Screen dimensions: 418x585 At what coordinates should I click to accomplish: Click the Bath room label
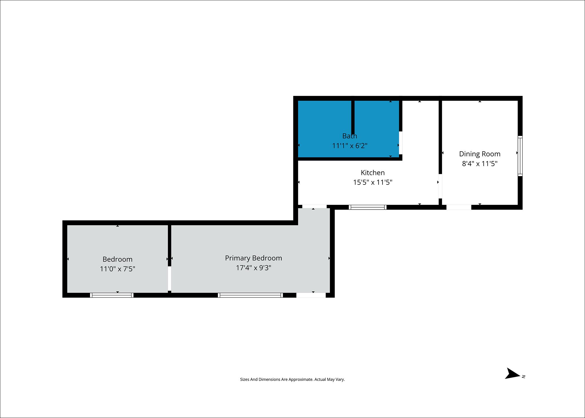click(350, 136)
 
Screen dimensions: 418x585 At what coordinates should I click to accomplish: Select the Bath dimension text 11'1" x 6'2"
click(350, 146)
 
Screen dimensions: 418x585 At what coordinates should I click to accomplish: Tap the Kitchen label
click(372, 172)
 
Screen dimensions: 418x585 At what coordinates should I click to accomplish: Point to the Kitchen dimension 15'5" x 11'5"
click(372, 182)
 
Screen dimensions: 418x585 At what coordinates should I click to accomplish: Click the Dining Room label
click(479, 154)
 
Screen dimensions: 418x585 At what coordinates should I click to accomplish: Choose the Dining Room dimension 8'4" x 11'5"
click(479, 164)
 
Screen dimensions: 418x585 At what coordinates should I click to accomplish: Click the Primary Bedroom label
click(253, 258)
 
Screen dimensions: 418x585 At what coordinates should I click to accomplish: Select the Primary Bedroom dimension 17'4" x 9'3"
click(253, 268)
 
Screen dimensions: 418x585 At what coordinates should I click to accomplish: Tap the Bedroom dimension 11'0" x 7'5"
click(117, 269)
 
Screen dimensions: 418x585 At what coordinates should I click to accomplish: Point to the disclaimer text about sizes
click(292, 379)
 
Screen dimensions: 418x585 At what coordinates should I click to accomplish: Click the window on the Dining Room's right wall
click(520, 156)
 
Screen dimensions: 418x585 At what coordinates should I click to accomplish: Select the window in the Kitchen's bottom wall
click(367, 207)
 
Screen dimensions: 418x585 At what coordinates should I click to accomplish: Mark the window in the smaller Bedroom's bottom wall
click(112, 295)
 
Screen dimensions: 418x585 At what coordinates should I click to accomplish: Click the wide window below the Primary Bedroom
click(250, 295)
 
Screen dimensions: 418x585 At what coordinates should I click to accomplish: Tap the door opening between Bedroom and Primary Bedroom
click(169, 279)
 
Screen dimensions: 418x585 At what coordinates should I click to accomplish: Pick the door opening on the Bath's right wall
click(400, 143)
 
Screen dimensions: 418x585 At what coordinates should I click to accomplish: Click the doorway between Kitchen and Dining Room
click(440, 186)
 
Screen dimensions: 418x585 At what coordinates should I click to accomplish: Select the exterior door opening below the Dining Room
click(459, 207)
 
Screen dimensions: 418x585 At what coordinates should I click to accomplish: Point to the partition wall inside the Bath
click(353, 117)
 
